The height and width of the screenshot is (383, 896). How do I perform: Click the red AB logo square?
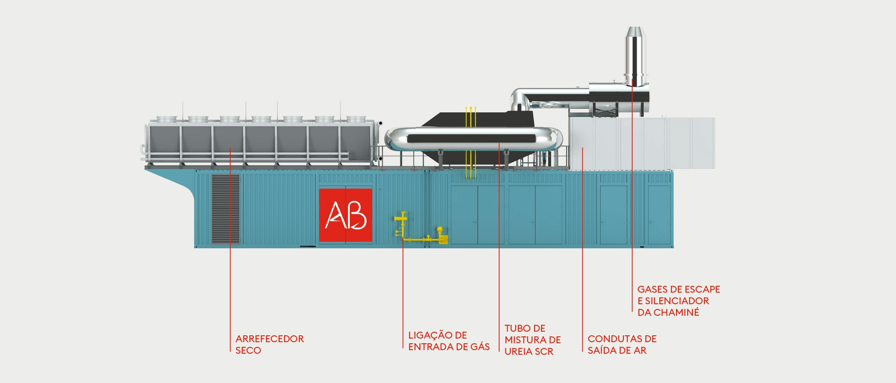345,215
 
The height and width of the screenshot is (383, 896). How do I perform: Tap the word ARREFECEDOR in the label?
270,339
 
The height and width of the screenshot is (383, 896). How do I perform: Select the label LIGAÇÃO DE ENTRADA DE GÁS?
449,341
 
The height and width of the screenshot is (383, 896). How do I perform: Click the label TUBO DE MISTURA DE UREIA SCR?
533,340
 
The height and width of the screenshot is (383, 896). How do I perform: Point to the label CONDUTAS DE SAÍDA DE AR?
622,345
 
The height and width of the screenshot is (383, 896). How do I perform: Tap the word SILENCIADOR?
677,301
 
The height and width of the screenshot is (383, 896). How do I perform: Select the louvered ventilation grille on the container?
225,209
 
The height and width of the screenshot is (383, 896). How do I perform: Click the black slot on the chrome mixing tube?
471,138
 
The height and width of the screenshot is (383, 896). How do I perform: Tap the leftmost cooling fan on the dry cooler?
166,119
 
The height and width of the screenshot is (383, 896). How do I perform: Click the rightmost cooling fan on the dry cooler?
356,119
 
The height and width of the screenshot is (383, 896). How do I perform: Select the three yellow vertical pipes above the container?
471,142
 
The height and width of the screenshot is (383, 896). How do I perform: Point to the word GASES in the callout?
654,289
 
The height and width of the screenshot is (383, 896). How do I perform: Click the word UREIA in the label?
517,352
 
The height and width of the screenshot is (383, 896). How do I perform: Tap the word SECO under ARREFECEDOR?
248,350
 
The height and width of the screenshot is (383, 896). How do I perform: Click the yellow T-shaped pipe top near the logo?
401,218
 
